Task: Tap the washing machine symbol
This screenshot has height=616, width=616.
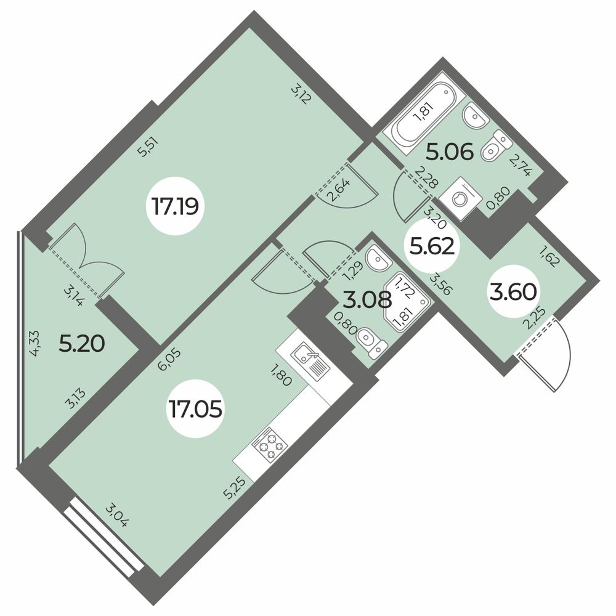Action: tap(460, 198)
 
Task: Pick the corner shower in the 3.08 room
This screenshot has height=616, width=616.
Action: tap(405, 300)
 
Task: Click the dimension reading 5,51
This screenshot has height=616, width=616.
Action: tap(146, 148)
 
